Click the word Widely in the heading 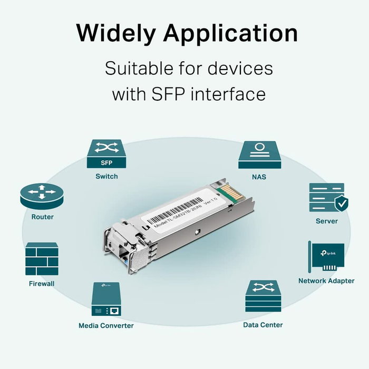click(114, 33)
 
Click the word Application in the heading click(230, 34)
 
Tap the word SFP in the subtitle click(163, 95)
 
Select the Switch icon click(106, 154)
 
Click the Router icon click(37, 196)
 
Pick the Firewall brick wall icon click(42, 259)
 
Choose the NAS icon click(259, 154)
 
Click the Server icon click(326, 198)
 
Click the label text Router click(42, 217)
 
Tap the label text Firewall click(42, 284)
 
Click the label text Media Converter click(106, 325)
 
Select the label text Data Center click(263, 325)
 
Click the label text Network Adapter click(326, 281)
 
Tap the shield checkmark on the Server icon click(341, 202)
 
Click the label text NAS click(259, 177)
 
